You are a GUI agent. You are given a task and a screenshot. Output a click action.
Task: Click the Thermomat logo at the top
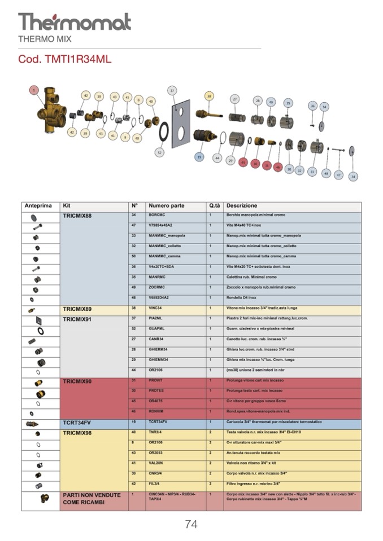[x=75, y=22]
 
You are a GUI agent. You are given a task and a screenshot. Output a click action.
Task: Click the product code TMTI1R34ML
[x=65, y=59]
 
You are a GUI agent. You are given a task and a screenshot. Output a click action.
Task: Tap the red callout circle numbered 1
[x=34, y=91]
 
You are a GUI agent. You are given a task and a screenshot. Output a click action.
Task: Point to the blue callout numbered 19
[x=199, y=157]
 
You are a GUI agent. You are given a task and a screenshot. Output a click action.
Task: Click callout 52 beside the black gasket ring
[x=159, y=152]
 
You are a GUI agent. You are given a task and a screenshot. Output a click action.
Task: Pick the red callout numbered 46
[x=278, y=166]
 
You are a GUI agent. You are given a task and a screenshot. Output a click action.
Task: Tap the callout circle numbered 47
[x=338, y=175]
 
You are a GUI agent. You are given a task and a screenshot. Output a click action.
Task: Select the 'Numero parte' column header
[x=166, y=206]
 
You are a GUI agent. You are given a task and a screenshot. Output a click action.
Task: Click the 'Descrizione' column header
[x=242, y=206]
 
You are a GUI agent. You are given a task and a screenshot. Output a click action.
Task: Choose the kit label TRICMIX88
[x=77, y=216]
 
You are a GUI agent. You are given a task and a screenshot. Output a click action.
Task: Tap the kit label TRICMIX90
[x=77, y=381]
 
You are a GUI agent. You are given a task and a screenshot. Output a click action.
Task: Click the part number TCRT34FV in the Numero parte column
[x=160, y=422]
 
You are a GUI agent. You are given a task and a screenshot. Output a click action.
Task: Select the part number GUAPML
[x=157, y=328]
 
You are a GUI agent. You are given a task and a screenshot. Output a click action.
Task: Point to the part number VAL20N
[x=156, y=463]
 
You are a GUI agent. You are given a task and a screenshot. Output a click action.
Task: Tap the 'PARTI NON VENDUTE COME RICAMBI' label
[x=92, y=498]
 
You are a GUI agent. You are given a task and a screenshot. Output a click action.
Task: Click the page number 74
[x=191, y=524]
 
